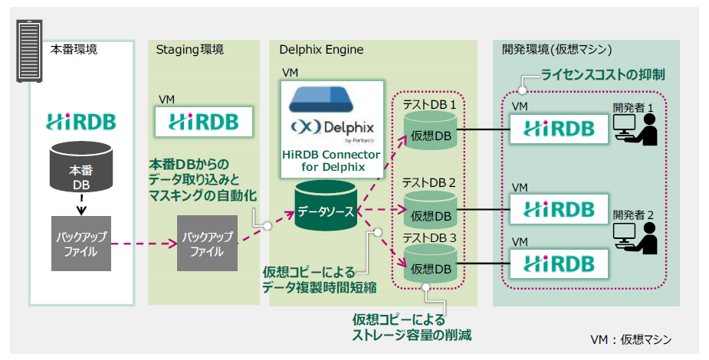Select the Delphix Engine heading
pyautogui.click(x=322, y=50)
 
